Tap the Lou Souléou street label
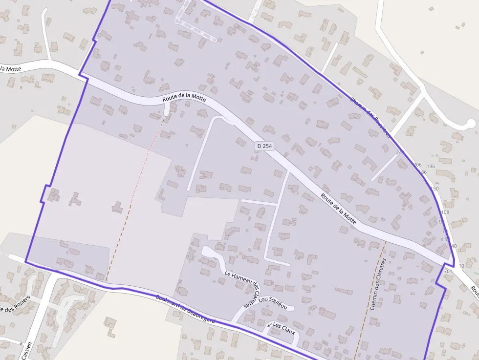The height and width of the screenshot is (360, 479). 273,302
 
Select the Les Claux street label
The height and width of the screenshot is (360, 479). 284,328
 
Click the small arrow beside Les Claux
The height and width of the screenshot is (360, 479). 269,324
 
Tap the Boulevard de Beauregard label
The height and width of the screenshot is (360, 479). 185,309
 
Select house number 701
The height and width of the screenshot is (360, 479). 448,271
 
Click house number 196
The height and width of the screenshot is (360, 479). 431,166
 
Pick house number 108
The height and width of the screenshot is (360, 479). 445,212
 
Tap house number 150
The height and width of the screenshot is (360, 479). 435,189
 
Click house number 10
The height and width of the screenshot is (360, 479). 462,266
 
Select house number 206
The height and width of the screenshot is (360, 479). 417,165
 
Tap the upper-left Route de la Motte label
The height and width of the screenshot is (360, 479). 184,97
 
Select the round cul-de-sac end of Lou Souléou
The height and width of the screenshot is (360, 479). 290,308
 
